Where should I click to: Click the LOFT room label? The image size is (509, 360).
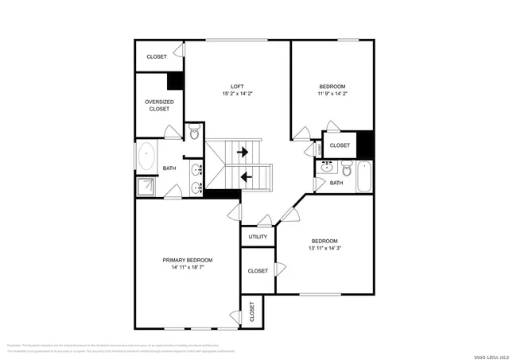[x=237, y=86]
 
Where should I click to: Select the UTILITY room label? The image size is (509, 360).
[x=258, y=237]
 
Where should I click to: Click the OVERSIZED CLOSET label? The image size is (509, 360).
[x=159, y=106]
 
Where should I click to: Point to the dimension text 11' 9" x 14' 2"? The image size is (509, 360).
[x=333, y=94]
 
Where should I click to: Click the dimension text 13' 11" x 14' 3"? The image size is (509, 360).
[x=324, y=249]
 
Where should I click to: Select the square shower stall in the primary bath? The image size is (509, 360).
[x=146, y=187]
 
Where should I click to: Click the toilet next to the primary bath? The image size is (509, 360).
[x=193, y=132]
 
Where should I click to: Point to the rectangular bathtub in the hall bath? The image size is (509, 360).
[x=365, y=176]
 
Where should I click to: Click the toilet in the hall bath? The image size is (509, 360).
[x=347, y=168]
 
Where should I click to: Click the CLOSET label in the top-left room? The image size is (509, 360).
[x=157, y=57]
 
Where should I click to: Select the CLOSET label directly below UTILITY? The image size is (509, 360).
[x=258, y=271]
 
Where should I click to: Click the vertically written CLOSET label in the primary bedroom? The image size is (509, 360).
[x=251, y=312]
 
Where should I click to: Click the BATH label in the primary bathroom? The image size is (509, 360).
[x=169, y=168]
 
